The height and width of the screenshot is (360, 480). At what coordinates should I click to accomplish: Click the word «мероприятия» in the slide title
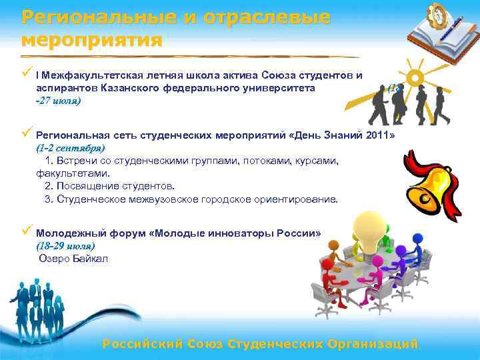tap(92, 40)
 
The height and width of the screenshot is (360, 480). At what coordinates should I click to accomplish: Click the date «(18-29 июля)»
tap(70, 247)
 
